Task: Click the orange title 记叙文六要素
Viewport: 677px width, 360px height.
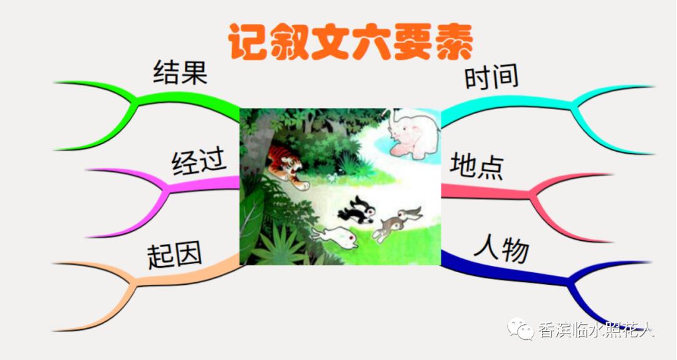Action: (350, 43)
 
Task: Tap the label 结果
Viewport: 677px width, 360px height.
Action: (180, 73)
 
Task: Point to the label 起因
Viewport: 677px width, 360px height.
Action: (175, 256)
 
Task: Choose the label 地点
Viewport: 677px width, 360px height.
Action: (476, 166)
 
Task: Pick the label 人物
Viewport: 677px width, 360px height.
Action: (501, 249)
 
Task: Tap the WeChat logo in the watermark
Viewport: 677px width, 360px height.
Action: (522, 327)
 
